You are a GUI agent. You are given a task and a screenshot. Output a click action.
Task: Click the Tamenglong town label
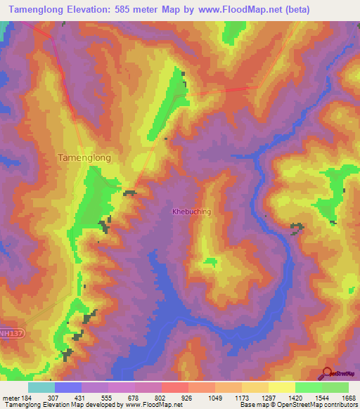[84, 158]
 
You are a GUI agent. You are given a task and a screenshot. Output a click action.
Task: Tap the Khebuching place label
[191, 211]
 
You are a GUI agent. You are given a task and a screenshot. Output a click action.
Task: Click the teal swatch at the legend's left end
[41, 387]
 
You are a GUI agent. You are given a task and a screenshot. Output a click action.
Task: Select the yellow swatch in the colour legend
[281, 387]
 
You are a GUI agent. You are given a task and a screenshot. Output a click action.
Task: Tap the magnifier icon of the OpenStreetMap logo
[326, 372]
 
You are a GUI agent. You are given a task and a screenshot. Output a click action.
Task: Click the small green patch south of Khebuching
[210, 262]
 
